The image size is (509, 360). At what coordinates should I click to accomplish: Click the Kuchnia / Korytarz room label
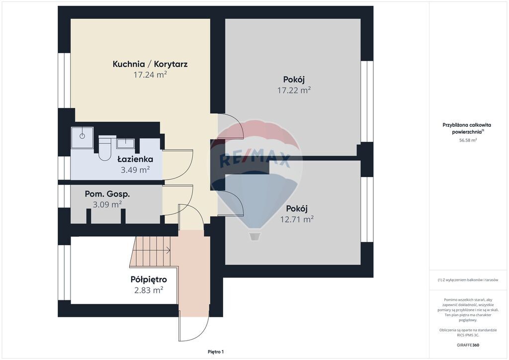coord(150,64)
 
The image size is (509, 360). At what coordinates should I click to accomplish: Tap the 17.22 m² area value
coord(294,90)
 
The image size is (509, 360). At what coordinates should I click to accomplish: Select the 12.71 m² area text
coord(297,219)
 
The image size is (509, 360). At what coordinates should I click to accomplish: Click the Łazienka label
coord(135,159)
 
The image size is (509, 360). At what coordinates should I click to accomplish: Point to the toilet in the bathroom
coord(105,148)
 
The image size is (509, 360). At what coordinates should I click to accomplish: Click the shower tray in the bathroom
coord(82,137)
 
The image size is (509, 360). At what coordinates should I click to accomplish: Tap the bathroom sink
coord(126,143)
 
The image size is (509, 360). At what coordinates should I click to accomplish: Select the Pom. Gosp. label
coord(107,194)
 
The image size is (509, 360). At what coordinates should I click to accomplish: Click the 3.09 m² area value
coord(107,204)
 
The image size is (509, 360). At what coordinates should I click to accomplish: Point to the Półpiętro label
coord(149,279)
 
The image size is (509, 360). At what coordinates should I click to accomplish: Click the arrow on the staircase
coord(152,250)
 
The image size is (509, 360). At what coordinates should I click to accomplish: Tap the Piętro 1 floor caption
coord(216,352)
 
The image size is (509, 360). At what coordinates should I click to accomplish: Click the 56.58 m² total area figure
coord(468,140)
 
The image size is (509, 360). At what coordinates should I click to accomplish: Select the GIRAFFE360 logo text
coord(467,345)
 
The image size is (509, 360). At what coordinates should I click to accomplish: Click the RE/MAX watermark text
coord(255,160)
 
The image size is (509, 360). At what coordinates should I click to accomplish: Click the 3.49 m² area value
coord(135,170)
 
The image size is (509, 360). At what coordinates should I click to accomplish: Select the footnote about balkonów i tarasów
coord(468,280)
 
